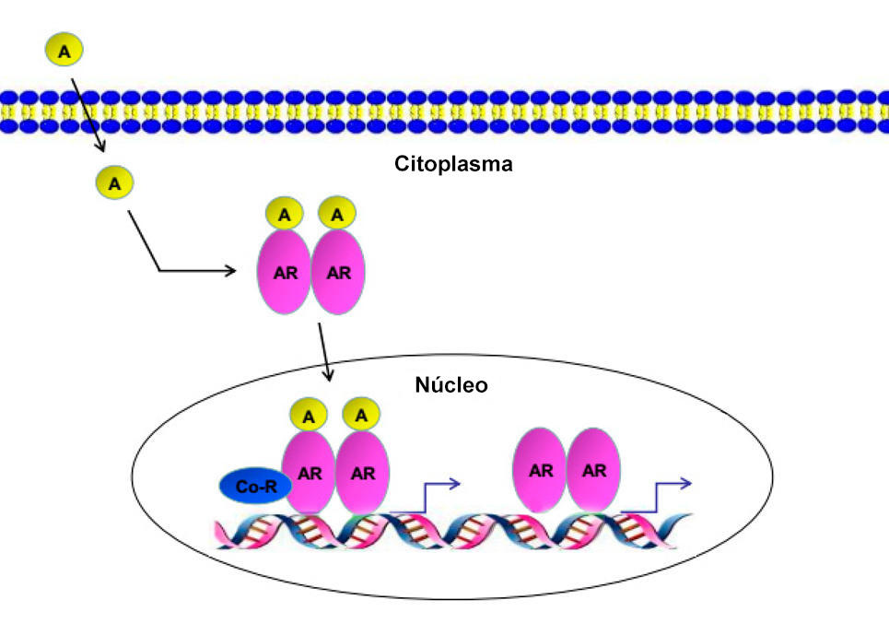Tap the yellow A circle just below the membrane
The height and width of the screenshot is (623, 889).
click(114, 183)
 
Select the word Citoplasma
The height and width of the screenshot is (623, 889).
click(453, 166)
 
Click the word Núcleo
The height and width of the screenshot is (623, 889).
click(451, 384)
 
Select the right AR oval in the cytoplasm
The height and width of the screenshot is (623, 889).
click(339, 273)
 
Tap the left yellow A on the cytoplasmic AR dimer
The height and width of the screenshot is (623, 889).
click(285, 215)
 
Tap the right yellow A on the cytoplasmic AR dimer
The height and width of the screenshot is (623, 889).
click(337, 215)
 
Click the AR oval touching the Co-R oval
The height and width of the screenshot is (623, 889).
click(309, 474)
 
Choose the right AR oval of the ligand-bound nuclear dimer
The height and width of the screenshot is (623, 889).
click(364, 474)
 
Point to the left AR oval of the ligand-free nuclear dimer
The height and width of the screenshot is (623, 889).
click(540, 470)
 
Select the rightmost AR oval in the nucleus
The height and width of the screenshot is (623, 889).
click(594, 470)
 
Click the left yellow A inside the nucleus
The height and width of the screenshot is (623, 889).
click(309, 417)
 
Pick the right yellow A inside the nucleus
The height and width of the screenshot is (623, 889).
click(362, 416)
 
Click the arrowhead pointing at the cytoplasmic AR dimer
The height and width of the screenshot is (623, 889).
click(230, 271)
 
